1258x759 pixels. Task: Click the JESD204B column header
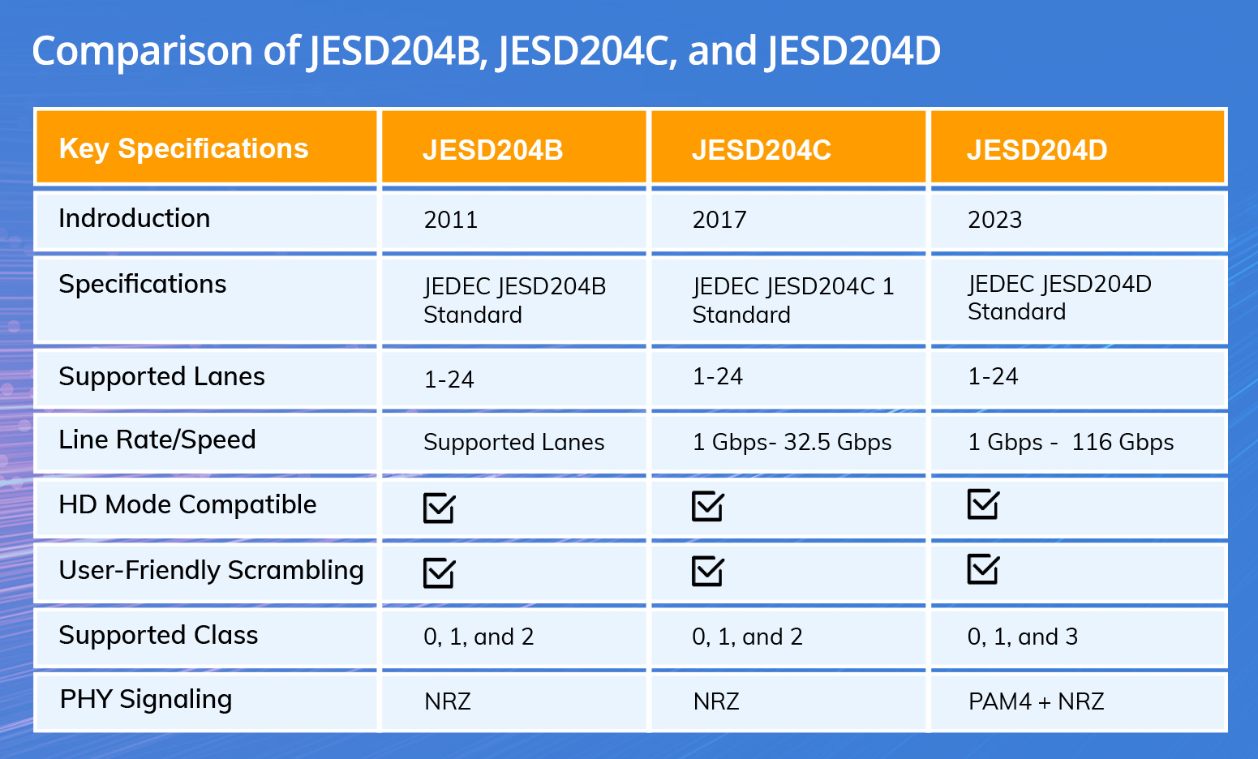coord(492,150)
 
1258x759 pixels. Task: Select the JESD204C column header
coord(761,150)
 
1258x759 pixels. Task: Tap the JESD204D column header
coord(1037,150)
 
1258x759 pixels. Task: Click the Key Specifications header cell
coord(183,148)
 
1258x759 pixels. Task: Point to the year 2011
coord(450,220)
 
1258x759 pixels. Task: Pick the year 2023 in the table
coord(994,220)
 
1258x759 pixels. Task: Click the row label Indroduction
coord(134,218)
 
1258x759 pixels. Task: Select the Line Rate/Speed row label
coord(157,440)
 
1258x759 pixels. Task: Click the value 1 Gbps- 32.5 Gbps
coord(792,442)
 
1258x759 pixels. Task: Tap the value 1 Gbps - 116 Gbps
coord(1071,442)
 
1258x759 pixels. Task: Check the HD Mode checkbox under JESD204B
coord(439,508)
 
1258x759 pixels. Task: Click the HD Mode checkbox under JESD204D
coord(983,504)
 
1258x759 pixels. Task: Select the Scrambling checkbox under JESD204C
coord(707,571)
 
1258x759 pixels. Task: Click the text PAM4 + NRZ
coord(1036,701)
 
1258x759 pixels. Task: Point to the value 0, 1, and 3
coord(1022,637)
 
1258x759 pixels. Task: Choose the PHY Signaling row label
coord(146,699)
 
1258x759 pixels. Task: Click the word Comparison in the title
coord(142,50)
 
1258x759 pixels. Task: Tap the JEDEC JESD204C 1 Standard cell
coord(792,300)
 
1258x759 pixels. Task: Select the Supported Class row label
coord(158,635)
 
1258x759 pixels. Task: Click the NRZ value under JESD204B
coord(447,701)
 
